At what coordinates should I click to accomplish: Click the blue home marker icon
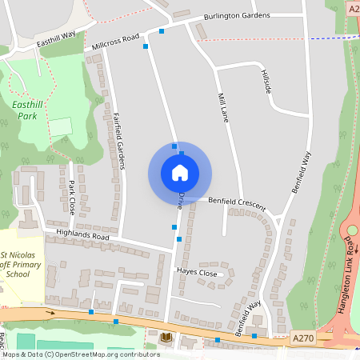[x=180, y=173]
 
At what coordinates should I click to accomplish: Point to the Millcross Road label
[x=115, y=41]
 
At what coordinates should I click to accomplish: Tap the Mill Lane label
[x=224, y=107]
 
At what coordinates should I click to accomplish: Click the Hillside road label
[x=266, y=81]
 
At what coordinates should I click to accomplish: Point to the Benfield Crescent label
[x=237, y=202]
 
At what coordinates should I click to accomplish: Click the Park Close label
[x=71, y=197]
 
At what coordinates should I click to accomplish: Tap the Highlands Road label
[x=82, y=236]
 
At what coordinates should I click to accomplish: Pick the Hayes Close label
[x=196, y=273]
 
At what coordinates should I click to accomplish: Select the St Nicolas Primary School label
[x=26, y=264]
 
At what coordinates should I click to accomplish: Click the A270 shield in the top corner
[x=354, y=8]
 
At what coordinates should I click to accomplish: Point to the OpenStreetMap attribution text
[x=80, y=354]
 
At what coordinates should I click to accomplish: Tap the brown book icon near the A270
[x=166, y=337]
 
